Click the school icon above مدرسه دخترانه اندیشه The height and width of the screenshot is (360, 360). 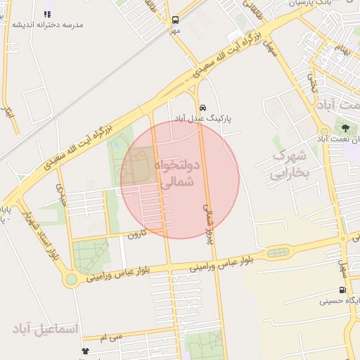coord(47,13)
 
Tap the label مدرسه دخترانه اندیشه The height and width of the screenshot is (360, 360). coord(47,25)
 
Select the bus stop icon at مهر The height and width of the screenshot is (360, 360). coord(174,20)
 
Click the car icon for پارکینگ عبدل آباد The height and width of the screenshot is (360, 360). coord(202,108)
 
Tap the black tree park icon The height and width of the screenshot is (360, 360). coord(345,127)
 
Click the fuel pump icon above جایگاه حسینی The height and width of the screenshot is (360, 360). coord(342,290)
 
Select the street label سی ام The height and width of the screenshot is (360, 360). coord(111,338)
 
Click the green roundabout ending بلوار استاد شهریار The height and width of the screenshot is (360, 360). coord(71,280)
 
